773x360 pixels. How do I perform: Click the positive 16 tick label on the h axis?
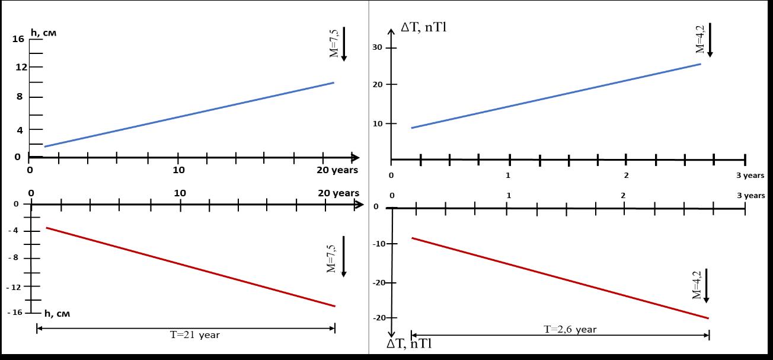point(18,39)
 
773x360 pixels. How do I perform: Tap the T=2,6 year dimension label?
point(570,329)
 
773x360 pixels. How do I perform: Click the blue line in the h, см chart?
point(190,114)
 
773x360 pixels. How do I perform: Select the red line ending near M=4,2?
point(560,278)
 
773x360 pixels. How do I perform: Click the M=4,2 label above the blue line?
point(699,39)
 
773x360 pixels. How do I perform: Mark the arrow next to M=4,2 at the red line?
point(707,286)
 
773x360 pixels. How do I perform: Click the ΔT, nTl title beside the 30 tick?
point(423,27)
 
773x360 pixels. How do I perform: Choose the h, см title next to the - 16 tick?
point(57,314)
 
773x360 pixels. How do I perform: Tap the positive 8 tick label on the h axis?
point(20,97)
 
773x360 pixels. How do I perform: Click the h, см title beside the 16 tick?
point(43,33)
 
